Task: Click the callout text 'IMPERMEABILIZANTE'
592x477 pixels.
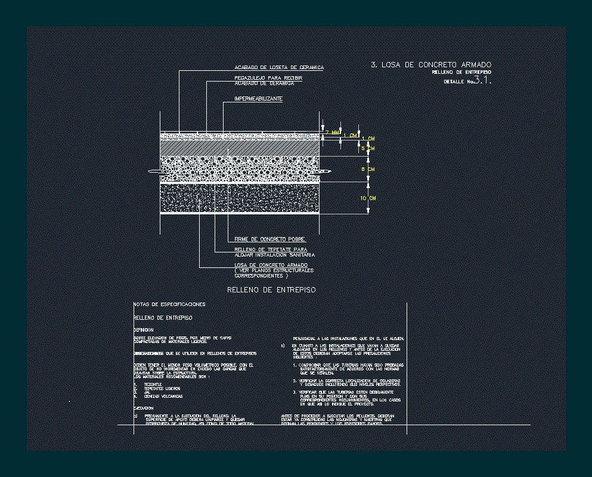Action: [258, 99]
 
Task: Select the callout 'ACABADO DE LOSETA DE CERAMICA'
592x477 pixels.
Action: [279, 68]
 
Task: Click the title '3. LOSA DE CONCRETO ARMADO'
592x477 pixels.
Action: [431, 64]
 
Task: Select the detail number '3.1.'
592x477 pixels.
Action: [483, 80]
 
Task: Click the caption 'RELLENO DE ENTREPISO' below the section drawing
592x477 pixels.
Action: [271, 290]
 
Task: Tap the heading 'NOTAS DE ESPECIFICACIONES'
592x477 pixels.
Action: [170, 304]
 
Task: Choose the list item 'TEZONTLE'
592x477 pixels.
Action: [153, 385]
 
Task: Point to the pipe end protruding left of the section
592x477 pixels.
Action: [154, 172]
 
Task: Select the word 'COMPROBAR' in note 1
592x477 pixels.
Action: [311, 364]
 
